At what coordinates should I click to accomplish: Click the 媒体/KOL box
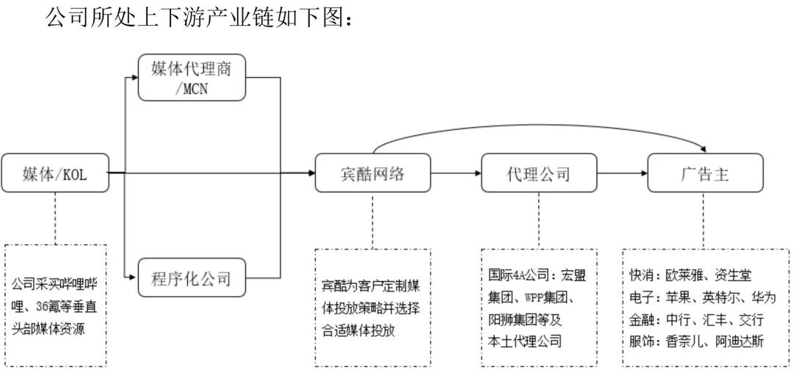coord(55,173)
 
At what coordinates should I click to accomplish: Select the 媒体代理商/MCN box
coord(191,77)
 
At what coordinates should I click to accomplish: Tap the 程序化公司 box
coord(191,277)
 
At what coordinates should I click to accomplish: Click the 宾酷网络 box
coord(372,173)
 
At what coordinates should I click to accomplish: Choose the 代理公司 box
coord(538,173)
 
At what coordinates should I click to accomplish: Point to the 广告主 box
coord(705,173)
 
